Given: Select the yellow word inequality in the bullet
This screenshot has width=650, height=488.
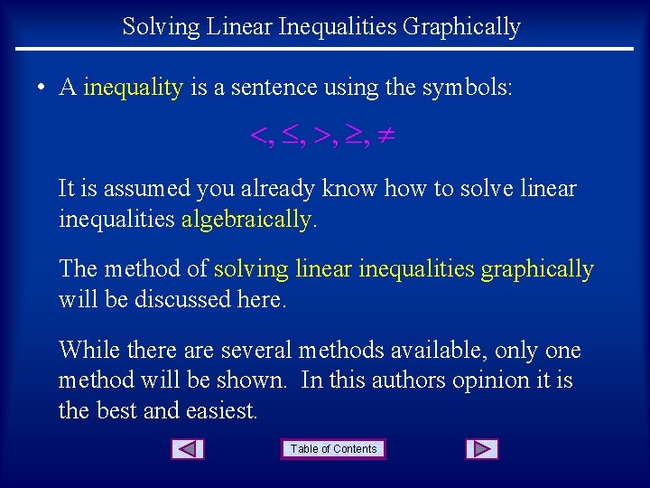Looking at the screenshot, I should tap(133, 88).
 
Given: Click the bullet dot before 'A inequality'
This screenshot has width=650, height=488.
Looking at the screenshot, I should tap(42, 89).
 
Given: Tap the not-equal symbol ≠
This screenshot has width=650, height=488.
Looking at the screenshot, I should tap(385, 137).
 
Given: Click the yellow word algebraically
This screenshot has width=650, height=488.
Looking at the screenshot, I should tap(246, 220).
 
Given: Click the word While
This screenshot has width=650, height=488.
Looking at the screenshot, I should tap(85, 351).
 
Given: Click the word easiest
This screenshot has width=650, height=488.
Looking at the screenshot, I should tap(221, 410).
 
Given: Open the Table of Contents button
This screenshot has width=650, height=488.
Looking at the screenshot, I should tap(334, 449).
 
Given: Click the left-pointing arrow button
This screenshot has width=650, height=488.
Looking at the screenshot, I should tap(188, 449).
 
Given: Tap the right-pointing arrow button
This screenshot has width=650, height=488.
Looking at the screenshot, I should tap(482, 449).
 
